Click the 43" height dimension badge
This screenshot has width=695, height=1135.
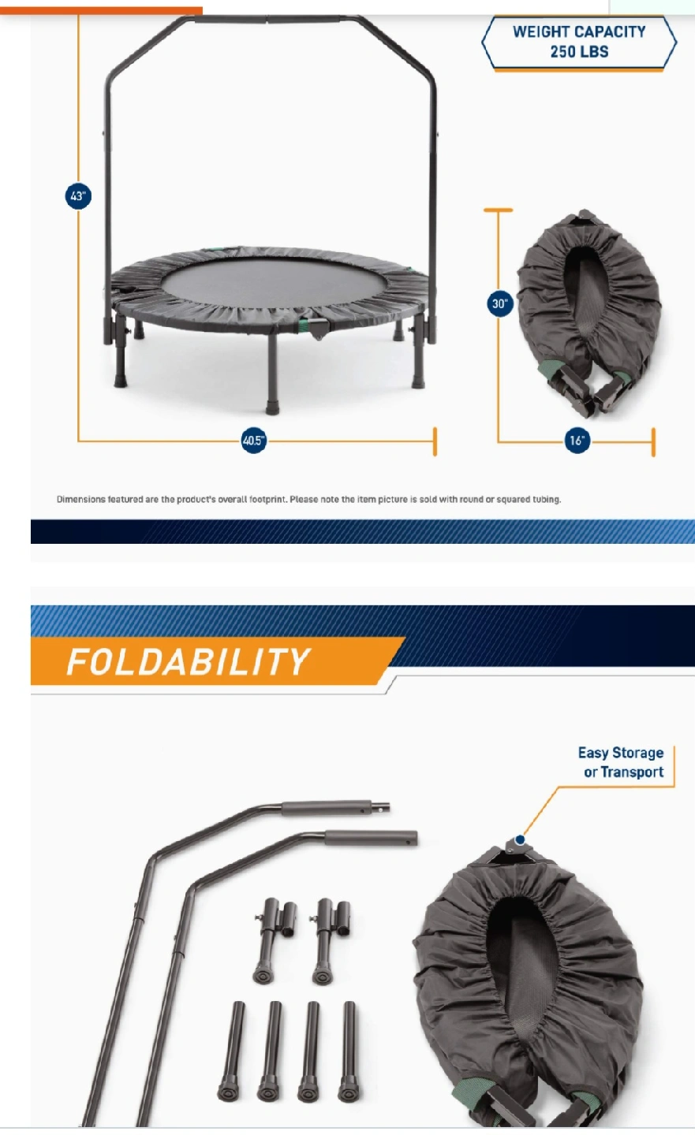click(x=78, y=196)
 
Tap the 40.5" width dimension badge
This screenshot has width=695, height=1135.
click(x=254, y=441)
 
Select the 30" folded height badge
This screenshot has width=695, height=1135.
click(x=499, y=303)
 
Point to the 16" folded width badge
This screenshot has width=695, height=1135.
click(x=577, y=441)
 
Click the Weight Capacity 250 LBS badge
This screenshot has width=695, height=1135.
click(x=579, y=43)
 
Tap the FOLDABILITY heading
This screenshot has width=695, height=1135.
click(x=188, y=662)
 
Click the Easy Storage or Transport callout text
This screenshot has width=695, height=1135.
click(x=622, y=762)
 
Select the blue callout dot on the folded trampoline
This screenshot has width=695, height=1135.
click(x=519, y=840)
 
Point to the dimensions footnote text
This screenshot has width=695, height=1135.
click(x=308, y=499)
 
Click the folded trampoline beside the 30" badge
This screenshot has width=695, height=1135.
click(x=589, y=314)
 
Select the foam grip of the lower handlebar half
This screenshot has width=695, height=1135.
click(x=371, y=838)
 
